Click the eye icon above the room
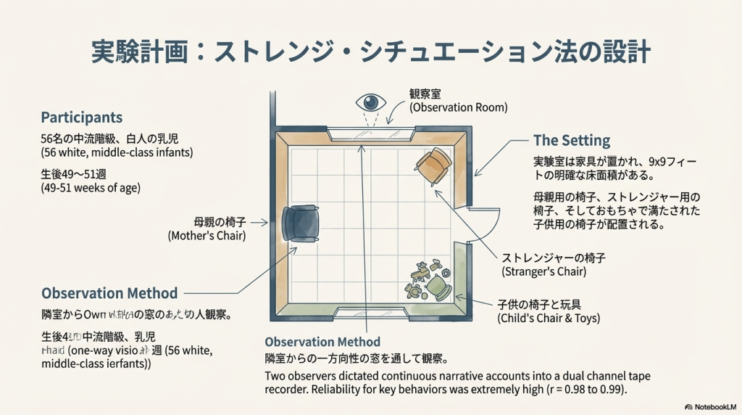370,102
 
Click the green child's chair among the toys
438,288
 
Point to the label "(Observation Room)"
458,107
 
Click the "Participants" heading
82,118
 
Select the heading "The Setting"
572,141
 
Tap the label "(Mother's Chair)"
207,236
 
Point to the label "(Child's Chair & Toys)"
548,318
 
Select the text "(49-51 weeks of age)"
91,188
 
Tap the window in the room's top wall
370,133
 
